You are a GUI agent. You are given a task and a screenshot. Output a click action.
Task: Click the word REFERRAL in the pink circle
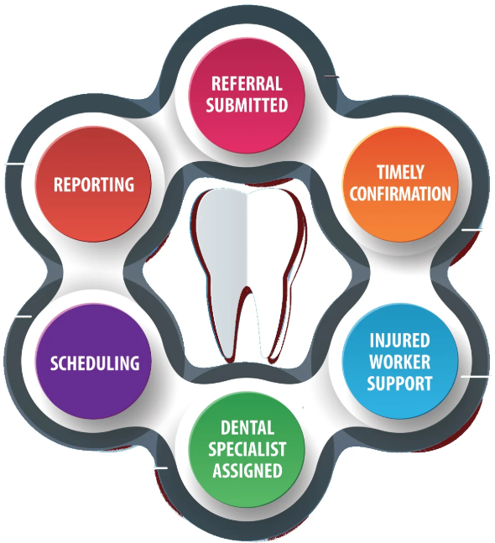[x=247, y=84]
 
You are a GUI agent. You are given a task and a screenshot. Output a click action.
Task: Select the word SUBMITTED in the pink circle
[x=247, y=105]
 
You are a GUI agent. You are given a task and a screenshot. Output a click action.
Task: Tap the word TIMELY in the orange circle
[x=399, y=173]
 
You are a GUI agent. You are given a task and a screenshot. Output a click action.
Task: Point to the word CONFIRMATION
[x=399, y=194]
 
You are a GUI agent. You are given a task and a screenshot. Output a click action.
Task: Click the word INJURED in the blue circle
[x=399, y=342]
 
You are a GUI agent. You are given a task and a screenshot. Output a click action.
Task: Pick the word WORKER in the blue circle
[x=399, y=363]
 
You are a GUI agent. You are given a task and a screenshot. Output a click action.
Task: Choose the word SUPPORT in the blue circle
[x=399, y=384]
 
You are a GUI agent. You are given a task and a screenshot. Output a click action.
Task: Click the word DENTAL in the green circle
[x=247, y=428]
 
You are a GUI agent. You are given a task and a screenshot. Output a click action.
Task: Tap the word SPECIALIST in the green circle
[x=247, y=449]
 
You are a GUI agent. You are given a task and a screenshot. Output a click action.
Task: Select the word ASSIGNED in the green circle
[x=247, y=471]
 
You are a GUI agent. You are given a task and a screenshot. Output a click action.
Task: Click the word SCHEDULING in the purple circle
[x=94, y=363]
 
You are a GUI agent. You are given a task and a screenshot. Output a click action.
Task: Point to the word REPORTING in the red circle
[x=94, y=184]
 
